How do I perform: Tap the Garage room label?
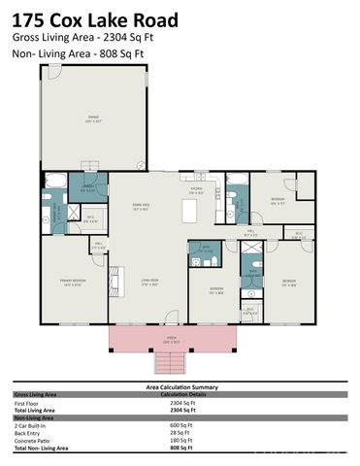pos(92,120)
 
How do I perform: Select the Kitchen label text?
pos(195,188)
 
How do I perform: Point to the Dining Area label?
pos(141,206)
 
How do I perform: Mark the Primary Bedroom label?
pos(73,284)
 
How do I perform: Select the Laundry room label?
pos(87,187)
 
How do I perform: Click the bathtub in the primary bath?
pos(54,181)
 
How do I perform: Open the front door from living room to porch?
pos(171,319)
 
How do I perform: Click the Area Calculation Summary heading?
pos(180,386)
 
